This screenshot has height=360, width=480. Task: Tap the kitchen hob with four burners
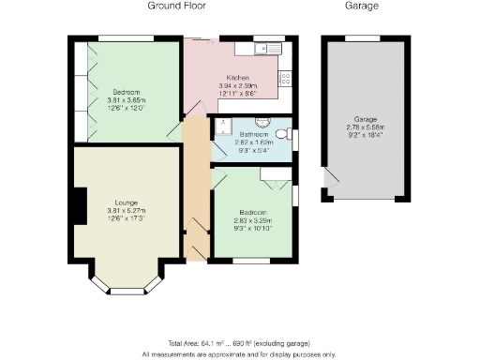click(x=286, y=78)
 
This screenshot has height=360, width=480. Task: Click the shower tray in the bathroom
click(x=222, y=127)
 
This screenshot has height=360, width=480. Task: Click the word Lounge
click(x=127, y=202)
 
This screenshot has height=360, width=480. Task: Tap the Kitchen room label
click(x=237, y=78)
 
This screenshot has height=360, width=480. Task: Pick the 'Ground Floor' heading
click(x=177, y=7)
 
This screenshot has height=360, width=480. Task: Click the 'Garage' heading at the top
click(x=362, y=7)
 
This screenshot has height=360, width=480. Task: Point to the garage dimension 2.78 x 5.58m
click(x=365, y=128)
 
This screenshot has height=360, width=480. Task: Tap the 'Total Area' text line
click(x=238, y=344)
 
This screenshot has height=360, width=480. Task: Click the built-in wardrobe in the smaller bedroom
click(x=277, y=173)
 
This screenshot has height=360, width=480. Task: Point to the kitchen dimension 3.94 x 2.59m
click(x=237, y=86)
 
